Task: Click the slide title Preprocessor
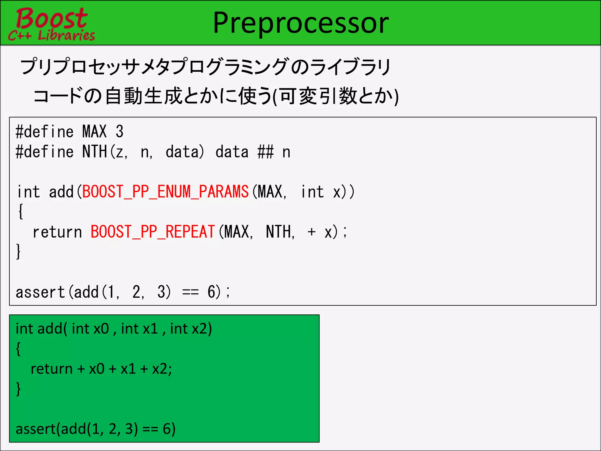point(300,23)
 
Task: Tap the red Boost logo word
point(52,18)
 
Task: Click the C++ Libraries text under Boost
point(52,36)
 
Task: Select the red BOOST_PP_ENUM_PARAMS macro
point(165,192)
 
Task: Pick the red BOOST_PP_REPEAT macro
point(153,232)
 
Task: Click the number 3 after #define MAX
point(119,132)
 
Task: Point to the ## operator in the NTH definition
point(266,152)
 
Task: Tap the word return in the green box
point(51,369)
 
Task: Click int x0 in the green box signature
point(90,329)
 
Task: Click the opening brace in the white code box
point(21,211)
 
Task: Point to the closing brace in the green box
point(18,389)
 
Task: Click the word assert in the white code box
point(40,292)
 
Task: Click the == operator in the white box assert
point(190,292)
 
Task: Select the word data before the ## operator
point(232,152)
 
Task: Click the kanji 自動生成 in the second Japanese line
point(144,96)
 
